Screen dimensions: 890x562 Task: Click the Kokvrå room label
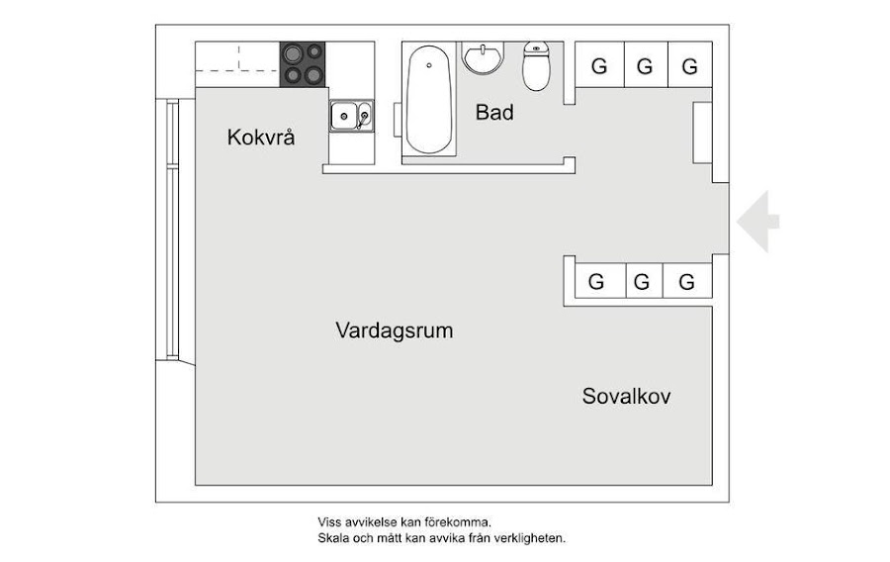tap(261, 137)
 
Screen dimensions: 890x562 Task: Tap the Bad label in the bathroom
tap(494, 113)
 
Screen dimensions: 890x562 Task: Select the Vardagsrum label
tap(394, 330)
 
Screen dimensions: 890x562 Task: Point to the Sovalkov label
tap(626, 397)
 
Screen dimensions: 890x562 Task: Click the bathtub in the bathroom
tap(429, 99)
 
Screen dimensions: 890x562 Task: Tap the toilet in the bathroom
tap(536, 66)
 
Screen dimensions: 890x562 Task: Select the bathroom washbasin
tap(484, 57)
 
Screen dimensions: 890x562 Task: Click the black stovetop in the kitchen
tap(304, 63)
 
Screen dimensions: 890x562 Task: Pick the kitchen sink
tap(351, 117)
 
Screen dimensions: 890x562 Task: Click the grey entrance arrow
tap(758, 221)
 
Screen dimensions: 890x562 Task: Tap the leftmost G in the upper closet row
tap(598, 67)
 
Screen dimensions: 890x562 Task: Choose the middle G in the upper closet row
tap(645, 67)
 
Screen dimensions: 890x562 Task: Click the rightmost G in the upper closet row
tap(690, 67)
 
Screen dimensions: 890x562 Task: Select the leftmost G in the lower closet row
tap(596, 282)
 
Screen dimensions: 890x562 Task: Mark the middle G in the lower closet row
tap(642, 282)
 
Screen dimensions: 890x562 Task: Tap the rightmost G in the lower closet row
tap(687, 282)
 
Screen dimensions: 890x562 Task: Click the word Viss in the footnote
tap(329, 521)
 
